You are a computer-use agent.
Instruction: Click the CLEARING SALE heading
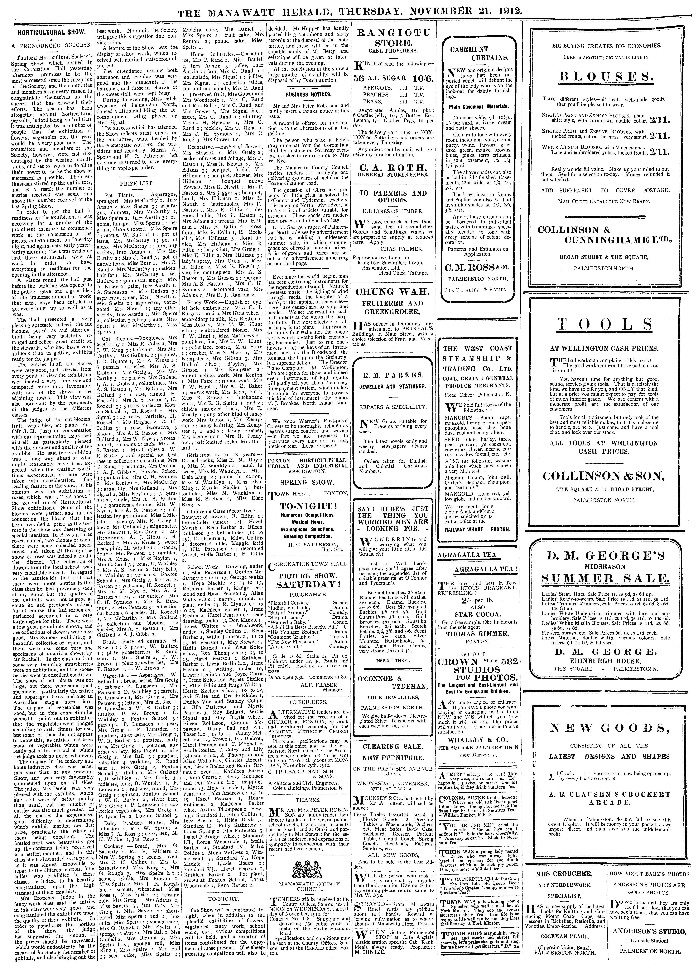pyautogui.click(x=393, y=746)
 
